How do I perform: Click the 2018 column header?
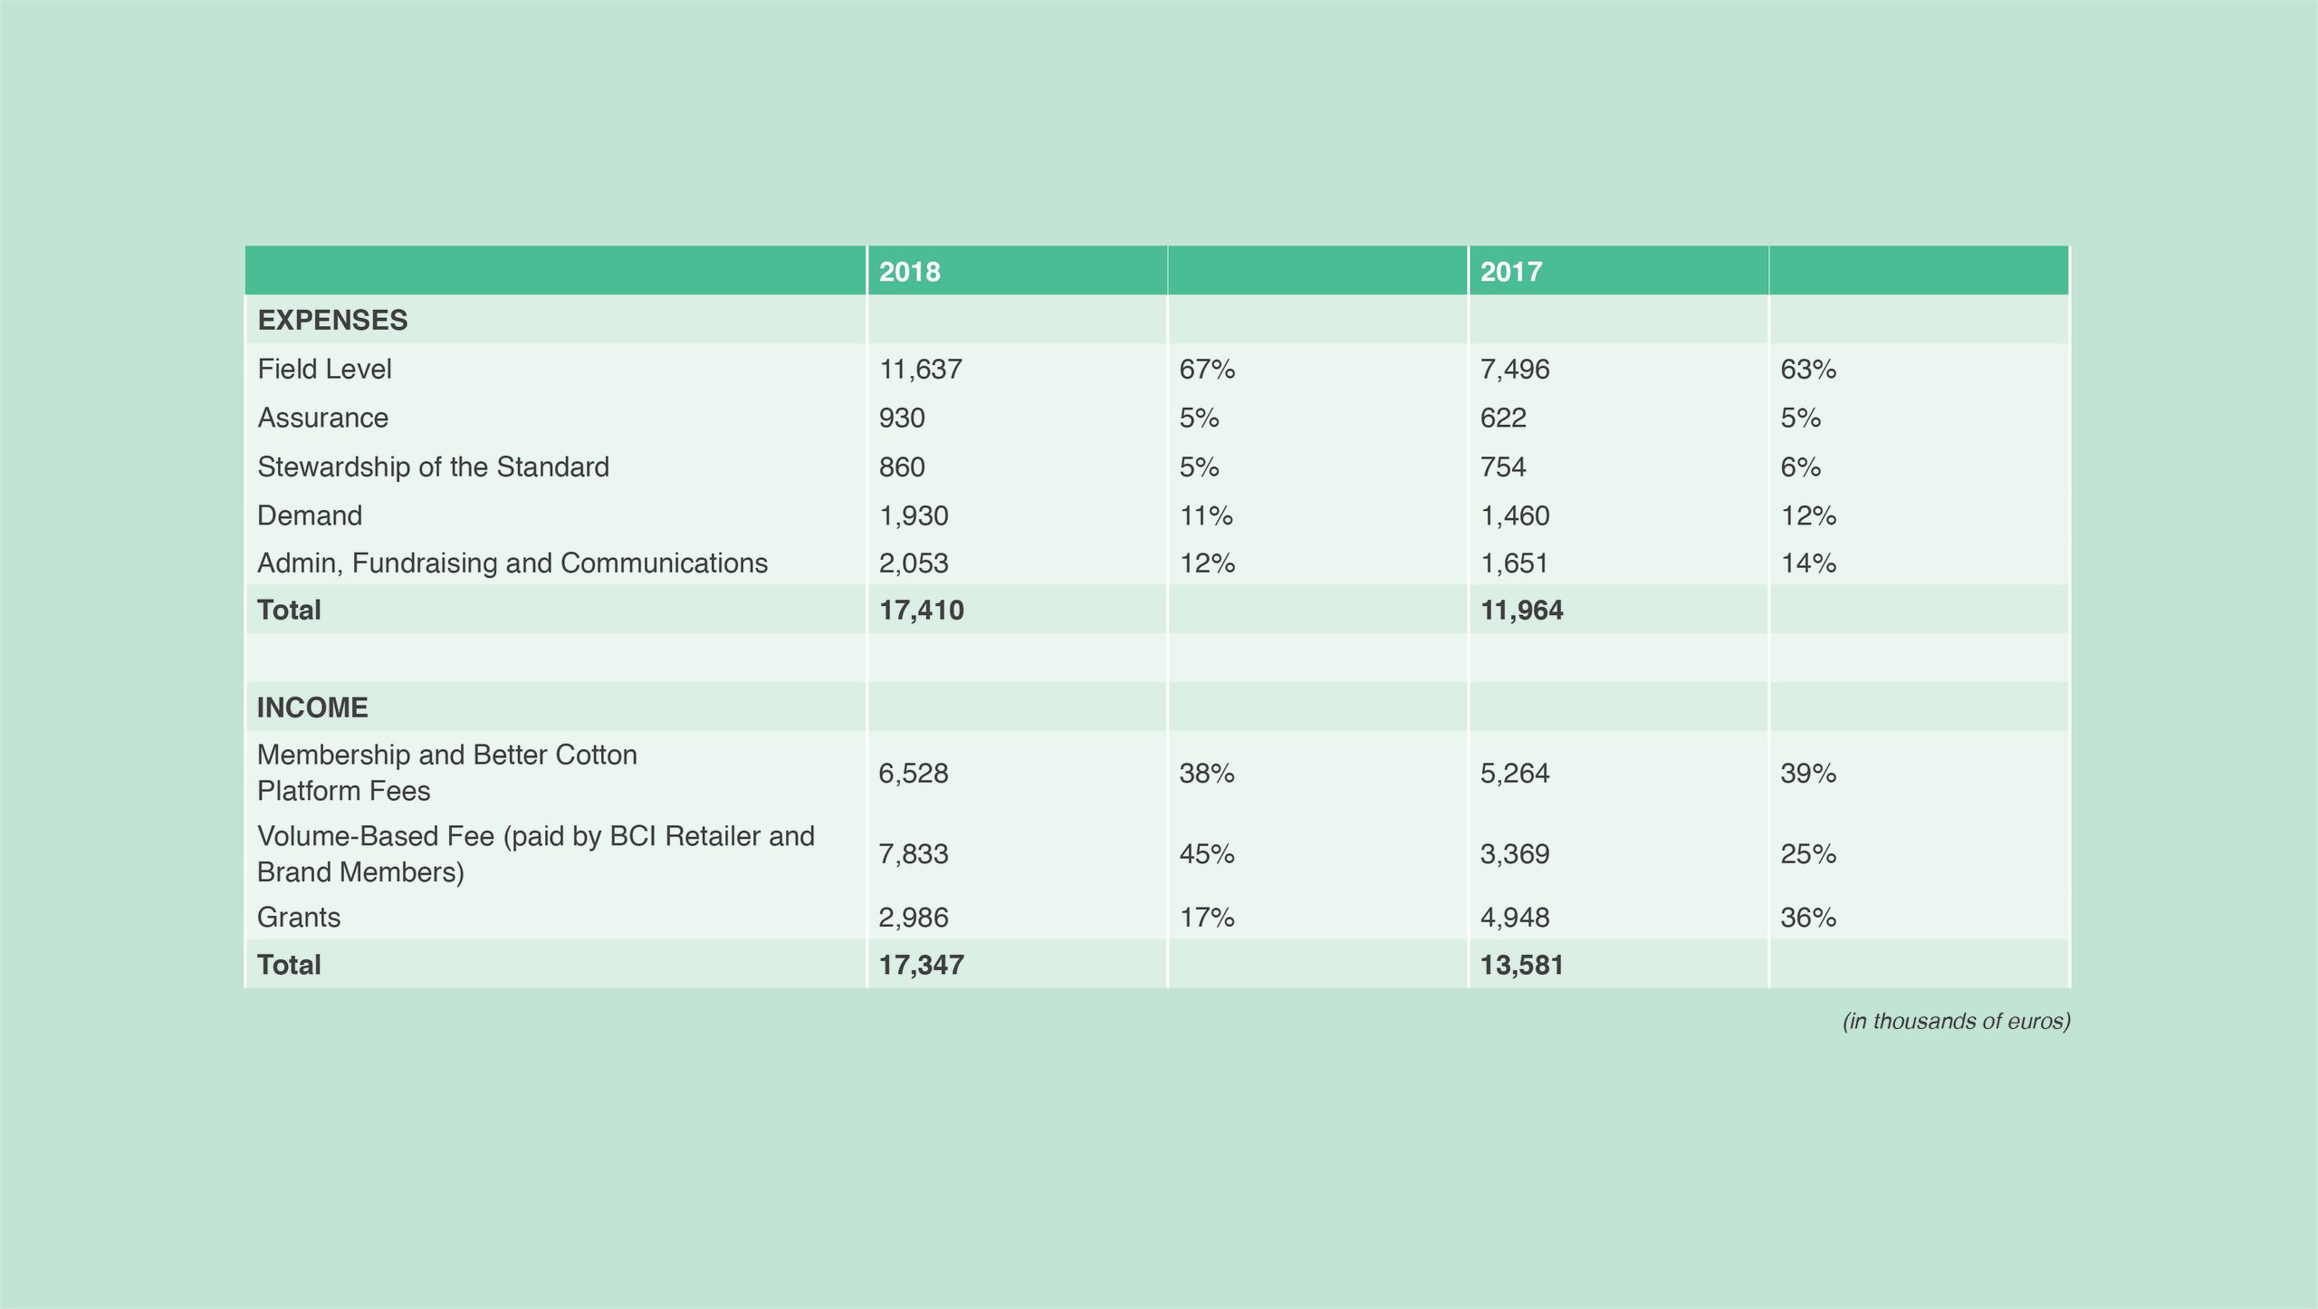pyautogui.click(x=909, y=272)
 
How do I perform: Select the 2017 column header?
pyautogui.click(x=1510, y=272)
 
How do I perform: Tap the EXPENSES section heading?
pyautogui.click(x=332, y=321)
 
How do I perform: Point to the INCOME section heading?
pyautogui.click(x=312, y=707)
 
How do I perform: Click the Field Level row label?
pyautogui.click(x=324, y=370)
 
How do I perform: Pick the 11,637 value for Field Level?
pyautogui.click(x=920, y=370)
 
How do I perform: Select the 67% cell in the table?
pyautogui.click(x=1207, y=370)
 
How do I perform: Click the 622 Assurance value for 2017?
pyautogui.click(x=1503, y=419)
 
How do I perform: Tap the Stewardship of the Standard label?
pyautogui.click(x=433, y=467)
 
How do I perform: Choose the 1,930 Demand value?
pyautogui.click(x=914, y=516)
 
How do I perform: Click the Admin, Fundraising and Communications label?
pyautogui.click(x=512, y=563)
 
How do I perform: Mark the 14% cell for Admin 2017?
pyautogui.click(x=1808, y=563)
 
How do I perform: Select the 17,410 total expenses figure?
pyautogui.click(x=921, y=611)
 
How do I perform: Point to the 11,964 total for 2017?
pyautogui.click(x=1521, y=611)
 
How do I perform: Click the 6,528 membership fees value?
pyautogui.click(x=914, y=774)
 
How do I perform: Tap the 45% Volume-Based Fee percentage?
pyautogui.click(x=1207, y=854)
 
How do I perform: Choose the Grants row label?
pyautogui.click(x=299, y=918)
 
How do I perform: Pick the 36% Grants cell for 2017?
pyautogui.click(x=1808, y=918)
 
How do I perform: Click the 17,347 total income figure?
pyautogui.click(x=921, y=965)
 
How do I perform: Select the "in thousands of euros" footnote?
pyautogui.click(x=1956, y=1022)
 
